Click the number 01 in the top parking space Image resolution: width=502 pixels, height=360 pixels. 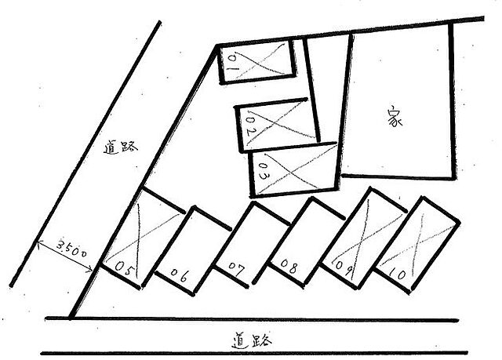233,64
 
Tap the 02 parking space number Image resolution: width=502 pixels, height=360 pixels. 251,126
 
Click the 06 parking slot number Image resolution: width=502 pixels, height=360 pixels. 179,275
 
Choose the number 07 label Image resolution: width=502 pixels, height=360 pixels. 236,269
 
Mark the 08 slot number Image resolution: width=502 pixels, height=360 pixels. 289,266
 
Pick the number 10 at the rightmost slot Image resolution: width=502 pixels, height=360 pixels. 398,273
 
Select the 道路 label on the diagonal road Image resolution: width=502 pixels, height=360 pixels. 120,147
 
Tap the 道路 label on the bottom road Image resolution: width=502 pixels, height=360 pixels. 252,341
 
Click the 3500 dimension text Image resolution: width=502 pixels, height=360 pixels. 71,248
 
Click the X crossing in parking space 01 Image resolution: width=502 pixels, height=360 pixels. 258,63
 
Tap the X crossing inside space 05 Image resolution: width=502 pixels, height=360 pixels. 139,237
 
